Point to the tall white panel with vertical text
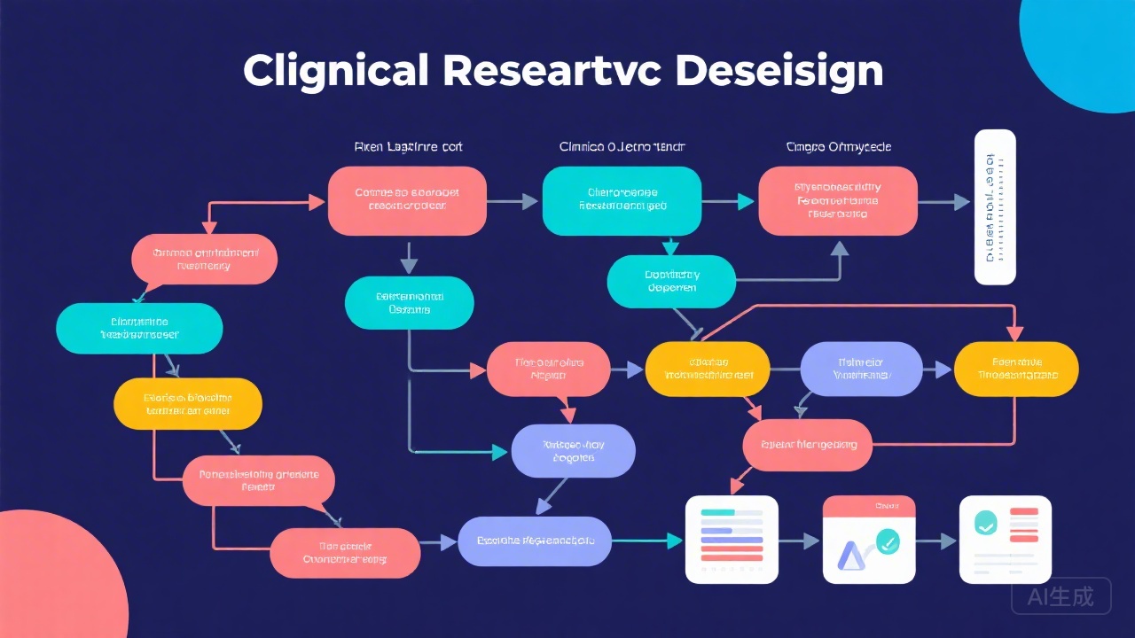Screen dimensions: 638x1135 [995, 207]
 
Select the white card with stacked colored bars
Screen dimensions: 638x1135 [732, 540]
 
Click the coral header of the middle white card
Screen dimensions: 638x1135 [868, 506]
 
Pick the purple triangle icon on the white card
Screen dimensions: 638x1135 [849, 556]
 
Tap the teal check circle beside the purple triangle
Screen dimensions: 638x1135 [886, 540]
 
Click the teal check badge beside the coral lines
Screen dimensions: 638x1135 [985, 523]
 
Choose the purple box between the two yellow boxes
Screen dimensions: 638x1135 [861, 369]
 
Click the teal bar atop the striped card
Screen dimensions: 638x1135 [717, 512]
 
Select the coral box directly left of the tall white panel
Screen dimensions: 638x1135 [838, 201]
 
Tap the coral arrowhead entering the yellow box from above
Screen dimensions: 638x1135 [1014, 333]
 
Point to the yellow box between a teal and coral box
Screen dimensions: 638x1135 [188, 404]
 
